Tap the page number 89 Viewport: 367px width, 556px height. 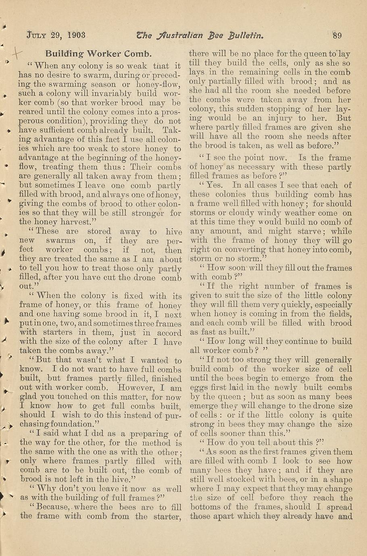pos(337,35)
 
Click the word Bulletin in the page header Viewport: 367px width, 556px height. pos(246,35)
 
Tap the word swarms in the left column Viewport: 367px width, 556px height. pos(60,241)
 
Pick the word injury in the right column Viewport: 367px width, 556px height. pos(279,118)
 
